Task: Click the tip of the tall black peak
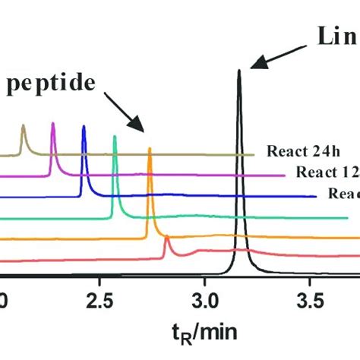(239, 71)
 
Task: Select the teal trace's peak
(115, 137)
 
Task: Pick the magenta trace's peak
(52, 124)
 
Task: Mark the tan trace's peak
(23, 128)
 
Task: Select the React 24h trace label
(296, 150)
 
